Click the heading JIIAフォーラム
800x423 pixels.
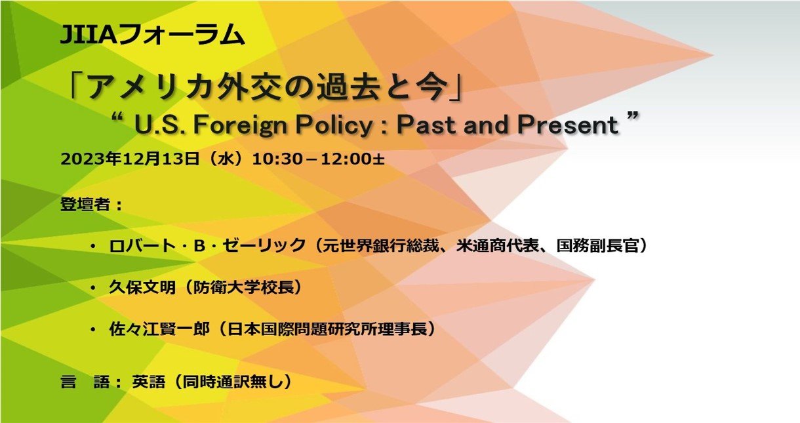pyautogui.click(x=153, y=34)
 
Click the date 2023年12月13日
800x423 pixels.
pyautogui.click(x=130, y=159)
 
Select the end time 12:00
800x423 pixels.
pyautogui.click(x=346, y=159)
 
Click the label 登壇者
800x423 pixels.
pyautogui.click(x=85, y=205)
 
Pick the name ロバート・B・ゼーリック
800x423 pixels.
pyautogui.click(x=207, y=245)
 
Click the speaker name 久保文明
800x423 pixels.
pyautogui.click(x=142, y=287)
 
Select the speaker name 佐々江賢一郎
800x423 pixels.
pyautogui.click(x=159, y=329)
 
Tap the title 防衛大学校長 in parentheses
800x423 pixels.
pyautogui.click(x=243, y=287)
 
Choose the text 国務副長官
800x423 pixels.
pyautogui.click(x=597, y=245)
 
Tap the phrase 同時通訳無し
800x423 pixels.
pyautogui.click(x=233, y=382)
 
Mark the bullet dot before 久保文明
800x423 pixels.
pyautogui.click(x=94, y=288)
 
